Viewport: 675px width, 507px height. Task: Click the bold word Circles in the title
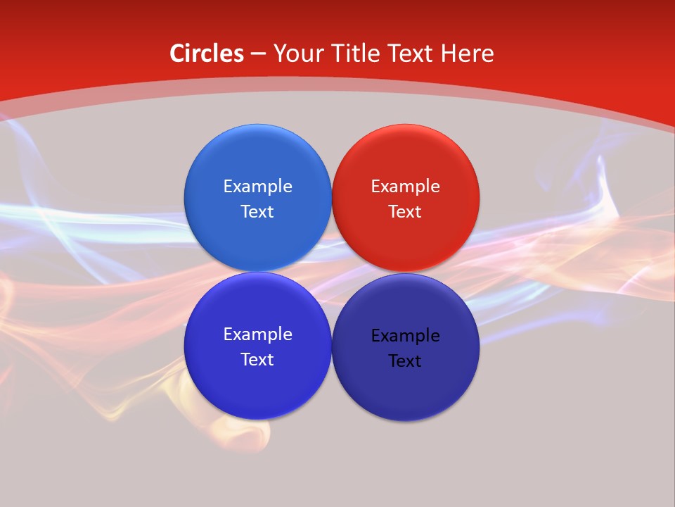tap(207, 54)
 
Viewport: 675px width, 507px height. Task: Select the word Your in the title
tap(297, 54)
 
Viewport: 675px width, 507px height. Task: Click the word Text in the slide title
tap(411, 54)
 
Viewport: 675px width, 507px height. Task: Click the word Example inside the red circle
tap(406, 187)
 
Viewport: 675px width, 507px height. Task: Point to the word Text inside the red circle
tap(405, 212)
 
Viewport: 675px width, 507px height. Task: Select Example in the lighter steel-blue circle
tap(257, 187)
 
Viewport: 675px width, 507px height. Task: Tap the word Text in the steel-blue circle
tap(257, 212)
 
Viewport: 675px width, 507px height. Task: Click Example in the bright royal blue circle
tap(257, 334)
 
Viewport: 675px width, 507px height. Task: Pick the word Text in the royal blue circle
tap(257, 360)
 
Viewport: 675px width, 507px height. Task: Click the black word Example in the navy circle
tap(406, 336)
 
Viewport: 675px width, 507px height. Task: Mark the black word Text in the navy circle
tap(405, 361)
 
